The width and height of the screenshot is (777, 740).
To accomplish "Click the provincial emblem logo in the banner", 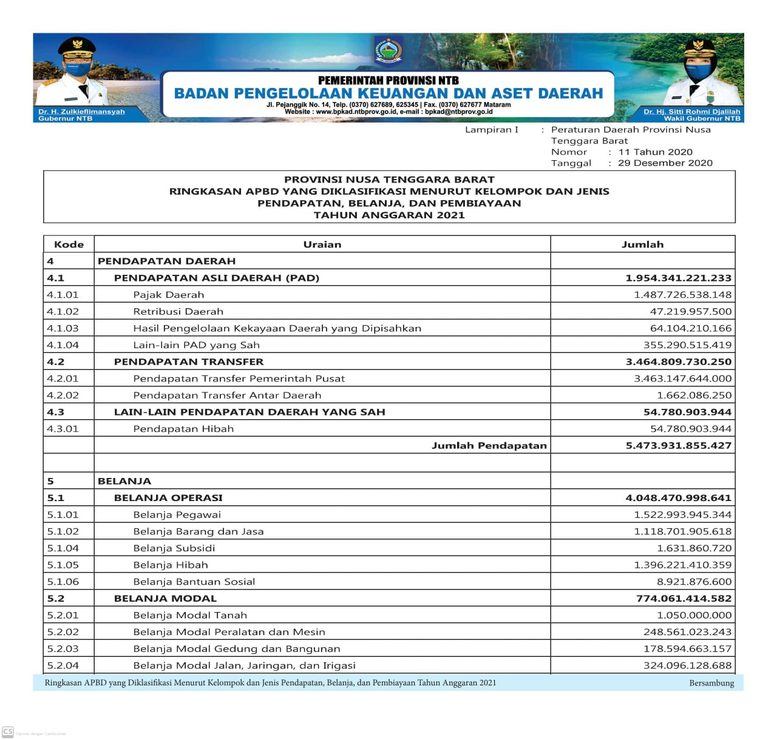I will (x=388, y=52).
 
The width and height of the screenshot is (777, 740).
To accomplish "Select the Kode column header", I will (x=69, y=244).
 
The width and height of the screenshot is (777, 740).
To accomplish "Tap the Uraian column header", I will (x=322, y=244).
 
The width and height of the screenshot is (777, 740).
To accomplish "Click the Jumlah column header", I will (x=642, y=244).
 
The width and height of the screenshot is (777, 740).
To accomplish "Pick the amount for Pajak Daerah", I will (x=682, y=295).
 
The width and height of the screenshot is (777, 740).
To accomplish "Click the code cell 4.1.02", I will (x=63, y=312).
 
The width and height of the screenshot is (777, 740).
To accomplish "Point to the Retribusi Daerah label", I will (x=178, y=312).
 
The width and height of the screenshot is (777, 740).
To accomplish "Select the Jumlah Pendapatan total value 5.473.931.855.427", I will (x=678, y=445).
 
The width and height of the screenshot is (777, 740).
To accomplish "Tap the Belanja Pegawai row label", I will (x=177, y=515).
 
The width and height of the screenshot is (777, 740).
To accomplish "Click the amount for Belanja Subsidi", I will (x=694, y=548).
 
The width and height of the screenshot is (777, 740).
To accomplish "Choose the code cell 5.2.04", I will (x=63, y=665).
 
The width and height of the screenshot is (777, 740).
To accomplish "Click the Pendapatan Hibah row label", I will (x=183, y=429).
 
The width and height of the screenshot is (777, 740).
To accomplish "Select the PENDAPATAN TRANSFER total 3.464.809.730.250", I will (x=678, y=362).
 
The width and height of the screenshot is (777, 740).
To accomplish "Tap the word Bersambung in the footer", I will (x=711, y=683).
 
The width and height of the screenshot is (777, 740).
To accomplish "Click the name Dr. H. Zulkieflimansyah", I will (x=81, y=112).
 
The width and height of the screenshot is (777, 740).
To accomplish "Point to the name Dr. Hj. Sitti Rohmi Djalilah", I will (x=691, y=112).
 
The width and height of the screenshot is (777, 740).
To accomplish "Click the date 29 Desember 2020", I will (x=665, y=163).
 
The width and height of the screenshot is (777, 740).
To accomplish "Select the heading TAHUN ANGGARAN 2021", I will (x=389, y=215).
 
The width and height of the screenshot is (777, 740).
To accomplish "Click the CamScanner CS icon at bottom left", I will (x=8, y=732).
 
